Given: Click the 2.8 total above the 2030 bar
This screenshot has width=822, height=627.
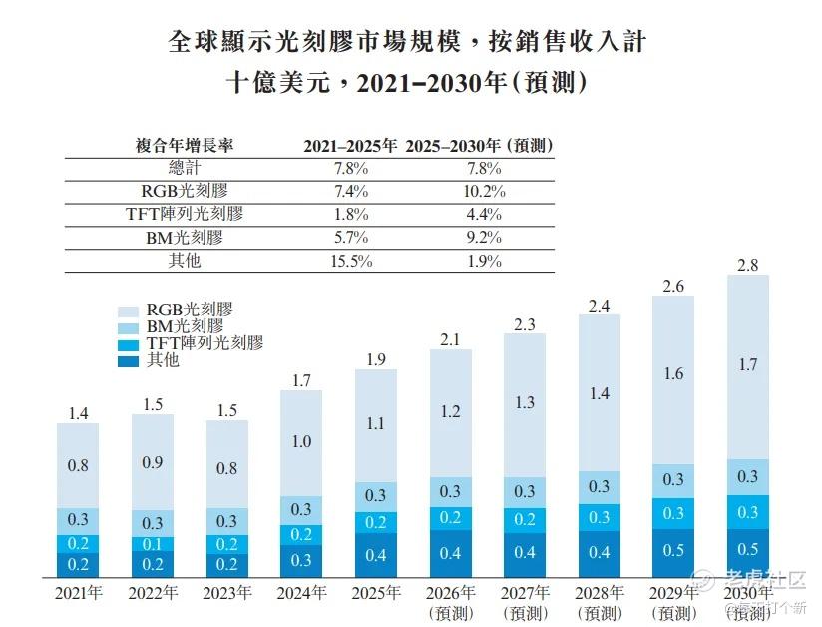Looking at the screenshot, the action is click(747, 265).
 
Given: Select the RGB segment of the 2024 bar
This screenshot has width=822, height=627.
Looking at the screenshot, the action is click(301, 443).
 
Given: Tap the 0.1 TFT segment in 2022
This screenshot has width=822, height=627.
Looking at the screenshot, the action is click(153, 544).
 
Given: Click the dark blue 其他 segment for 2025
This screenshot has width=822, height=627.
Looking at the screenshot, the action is click(376, 555).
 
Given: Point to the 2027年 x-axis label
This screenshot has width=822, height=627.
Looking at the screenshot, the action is click(525, 593).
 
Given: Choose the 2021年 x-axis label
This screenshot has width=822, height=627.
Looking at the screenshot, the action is click(78, 593).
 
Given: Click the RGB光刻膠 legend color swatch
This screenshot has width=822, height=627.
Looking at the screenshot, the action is click(128, 312).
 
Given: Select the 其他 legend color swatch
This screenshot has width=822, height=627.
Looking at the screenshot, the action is click(128, 361).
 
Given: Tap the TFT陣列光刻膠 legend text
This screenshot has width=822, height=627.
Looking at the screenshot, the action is click(205, 343).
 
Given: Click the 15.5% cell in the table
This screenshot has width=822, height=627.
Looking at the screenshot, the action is click(351, 261).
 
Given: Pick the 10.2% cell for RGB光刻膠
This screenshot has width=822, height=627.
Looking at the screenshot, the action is click(484, 191).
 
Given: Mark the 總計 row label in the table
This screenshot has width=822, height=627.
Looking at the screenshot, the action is click(185, 168).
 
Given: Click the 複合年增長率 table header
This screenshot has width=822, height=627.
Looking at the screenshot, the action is click(185, 146).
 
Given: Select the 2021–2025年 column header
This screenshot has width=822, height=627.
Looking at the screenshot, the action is click(350, 146).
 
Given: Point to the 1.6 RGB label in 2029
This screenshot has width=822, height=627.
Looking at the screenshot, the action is click(673, 373).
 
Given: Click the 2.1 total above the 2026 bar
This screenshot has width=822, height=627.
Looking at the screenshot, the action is click(450, 339).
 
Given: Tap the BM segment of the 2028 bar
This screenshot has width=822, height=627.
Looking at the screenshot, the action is click(600, 487).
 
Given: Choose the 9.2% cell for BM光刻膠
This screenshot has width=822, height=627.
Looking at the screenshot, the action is click(484, 238).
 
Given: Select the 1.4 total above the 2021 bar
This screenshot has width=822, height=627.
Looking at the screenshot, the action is click(78, 413).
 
